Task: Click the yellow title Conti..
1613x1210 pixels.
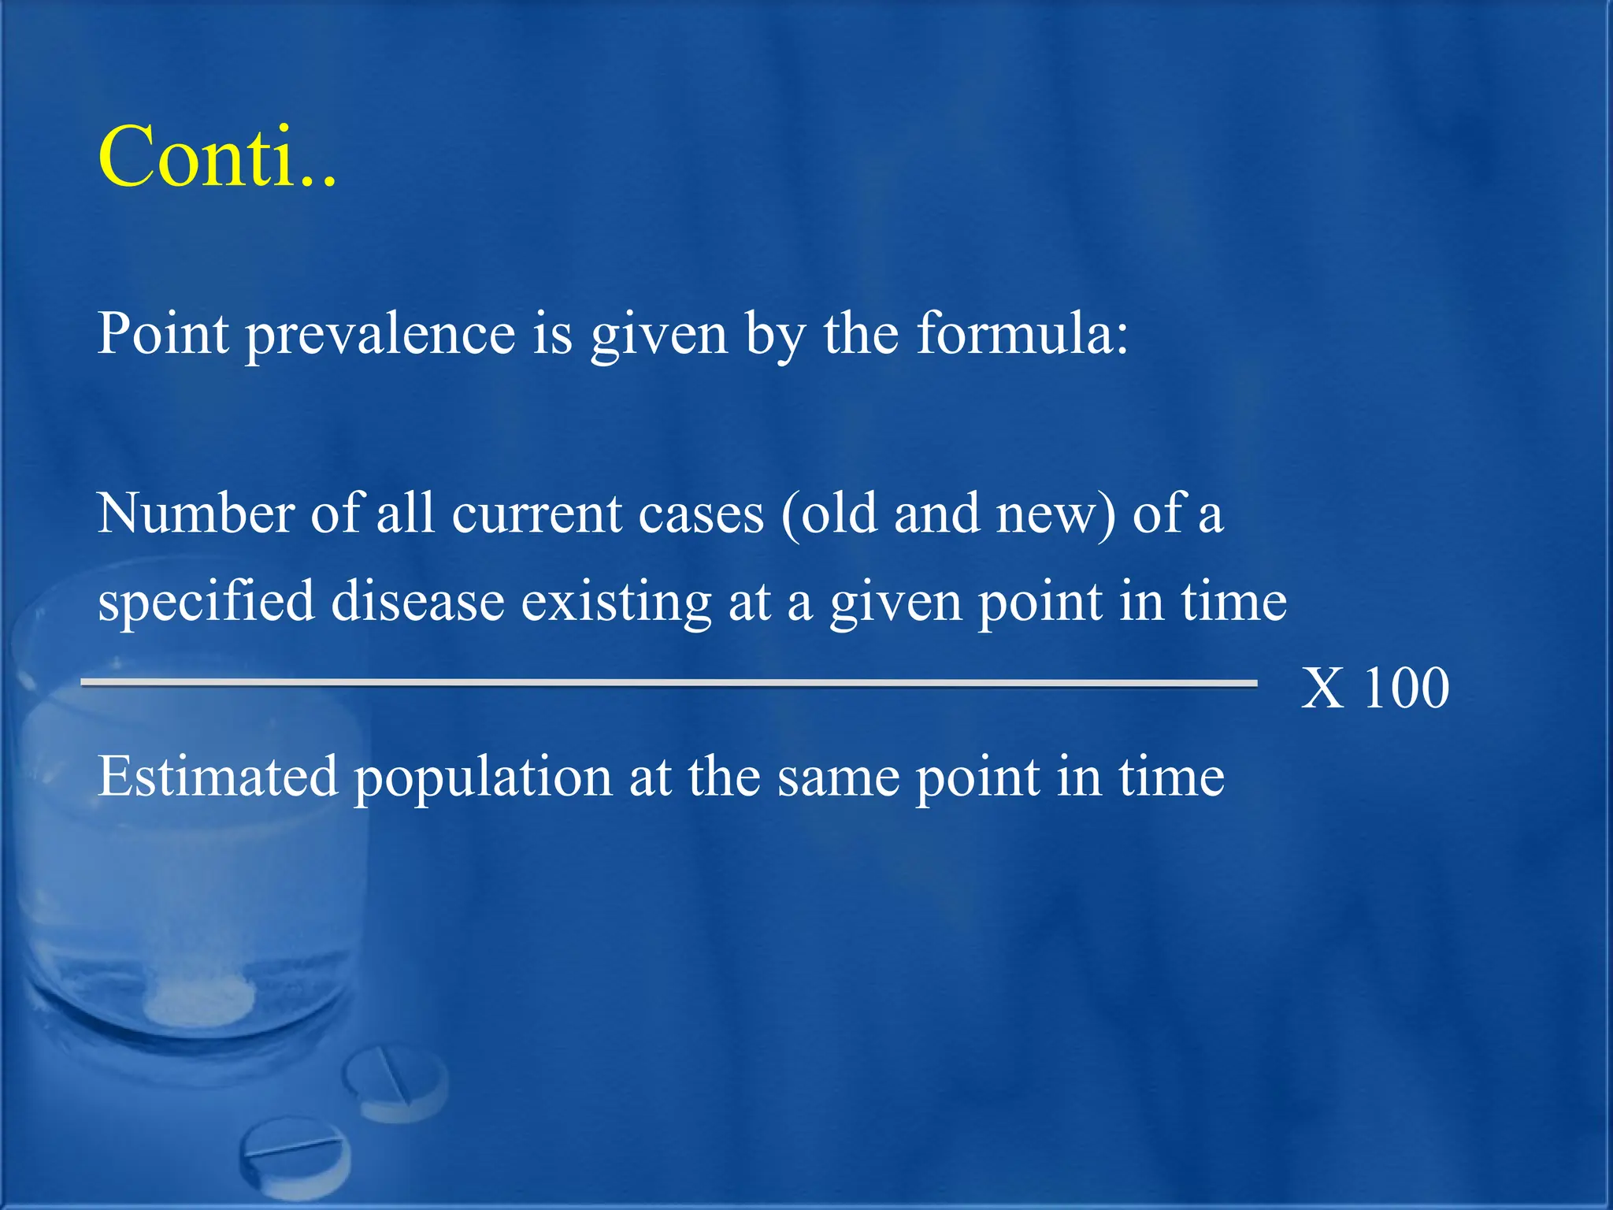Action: (x=217, y=157)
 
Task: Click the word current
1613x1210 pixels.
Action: (x=537, y=514)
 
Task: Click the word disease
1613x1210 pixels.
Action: (x=417, y=603)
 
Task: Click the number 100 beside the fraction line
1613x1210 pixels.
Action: (x=1406, y=689)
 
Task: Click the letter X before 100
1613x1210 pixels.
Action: (x=1322, y=689)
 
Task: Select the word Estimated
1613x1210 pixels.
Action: (x=217, y=777)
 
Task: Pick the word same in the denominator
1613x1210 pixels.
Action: (x=838, y=778)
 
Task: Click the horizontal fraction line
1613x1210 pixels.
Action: (x=669, y=683)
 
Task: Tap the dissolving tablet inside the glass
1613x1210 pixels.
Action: (x=202, y=1000)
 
